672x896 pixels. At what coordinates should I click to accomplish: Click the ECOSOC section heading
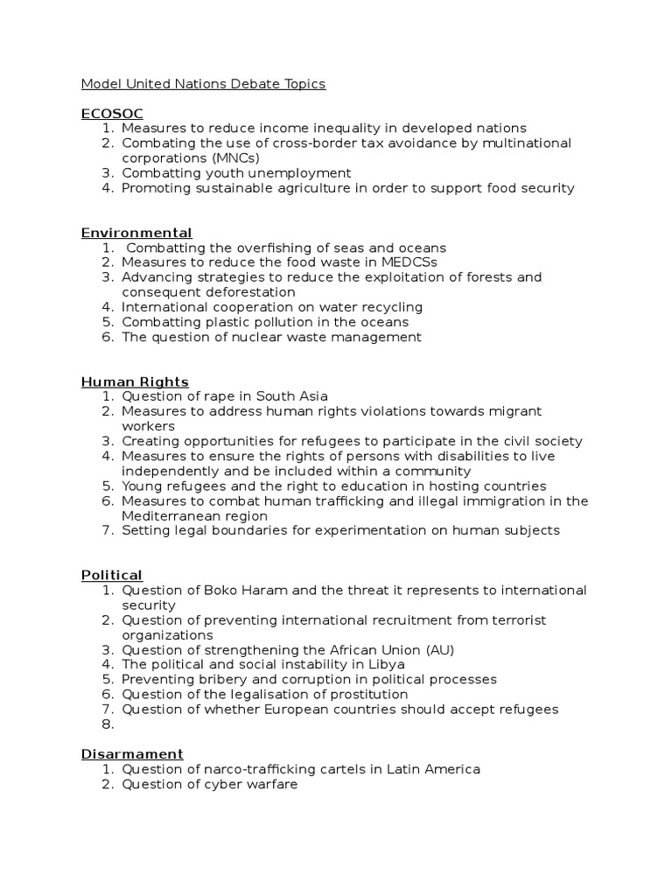point(112,114)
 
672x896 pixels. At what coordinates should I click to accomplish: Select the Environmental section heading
point(136,233)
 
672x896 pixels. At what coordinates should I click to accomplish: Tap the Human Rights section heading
point(135,381)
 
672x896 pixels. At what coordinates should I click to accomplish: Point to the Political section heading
point(112,575)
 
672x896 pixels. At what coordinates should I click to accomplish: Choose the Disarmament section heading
point(132,754)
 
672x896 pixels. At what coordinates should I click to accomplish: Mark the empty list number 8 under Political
point(108,724)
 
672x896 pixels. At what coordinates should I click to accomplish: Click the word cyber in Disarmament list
point(211,784)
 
